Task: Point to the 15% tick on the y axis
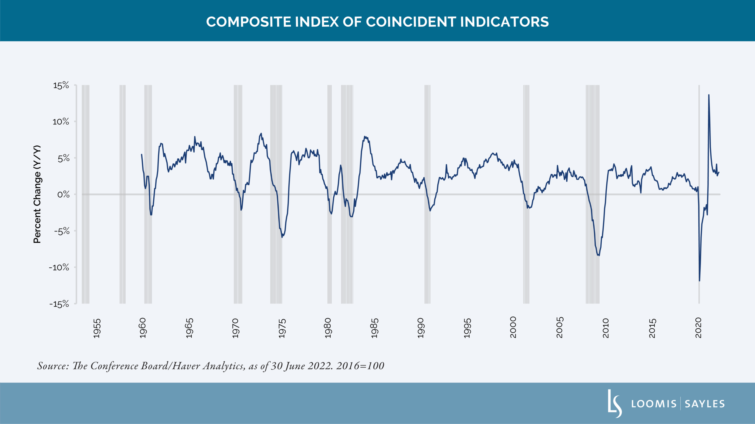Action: (61, 85)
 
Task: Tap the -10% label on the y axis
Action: (59, 267)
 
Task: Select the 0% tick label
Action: (63, 194)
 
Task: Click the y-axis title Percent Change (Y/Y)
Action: (37, 194)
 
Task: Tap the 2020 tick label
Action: (698, 328)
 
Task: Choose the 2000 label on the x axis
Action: (513, 327)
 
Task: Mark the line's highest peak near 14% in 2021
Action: (709, 95)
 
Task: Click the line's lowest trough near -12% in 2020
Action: (699, 281)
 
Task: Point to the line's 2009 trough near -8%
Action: (599, 255)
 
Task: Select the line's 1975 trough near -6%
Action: (282, 237)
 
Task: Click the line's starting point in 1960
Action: (142, 154)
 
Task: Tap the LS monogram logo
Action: (615, 403)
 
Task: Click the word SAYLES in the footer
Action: (705, 404)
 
